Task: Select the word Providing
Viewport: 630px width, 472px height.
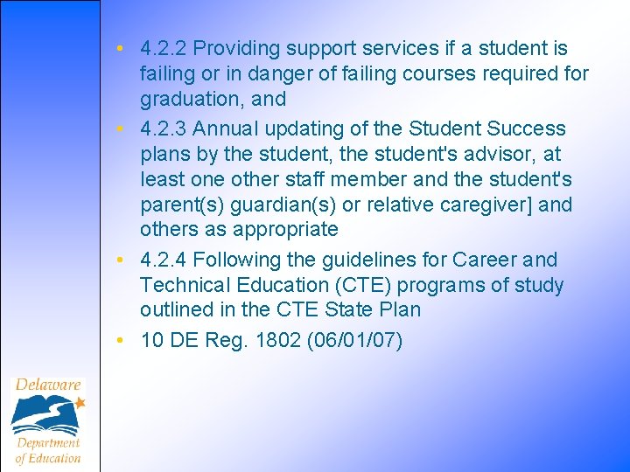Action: click(237, 49)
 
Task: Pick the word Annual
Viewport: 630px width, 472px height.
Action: click(226, 129)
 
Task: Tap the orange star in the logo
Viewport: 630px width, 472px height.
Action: click(80, 404)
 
